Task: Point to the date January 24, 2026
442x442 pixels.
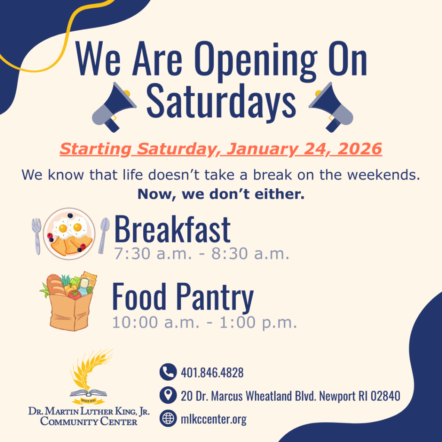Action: click(x=305, y=149)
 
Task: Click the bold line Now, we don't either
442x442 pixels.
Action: click(x=221, y=194)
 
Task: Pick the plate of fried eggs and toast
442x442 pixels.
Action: click(x=69, y=234)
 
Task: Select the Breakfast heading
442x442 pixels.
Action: click(x=172, y=230)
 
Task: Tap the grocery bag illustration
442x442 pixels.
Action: click(x=69, y=302)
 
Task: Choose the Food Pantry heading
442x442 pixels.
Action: click(x=183, y=297)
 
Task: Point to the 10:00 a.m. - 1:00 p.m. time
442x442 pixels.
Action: click(x=205, y=322)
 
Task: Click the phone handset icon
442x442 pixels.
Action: click(x=167, y=372)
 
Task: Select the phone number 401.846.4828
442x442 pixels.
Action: click(x=212, y=373)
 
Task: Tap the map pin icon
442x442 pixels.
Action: click(x=167, y=395)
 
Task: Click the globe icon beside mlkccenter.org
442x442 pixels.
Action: click(x=167, y=418)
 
